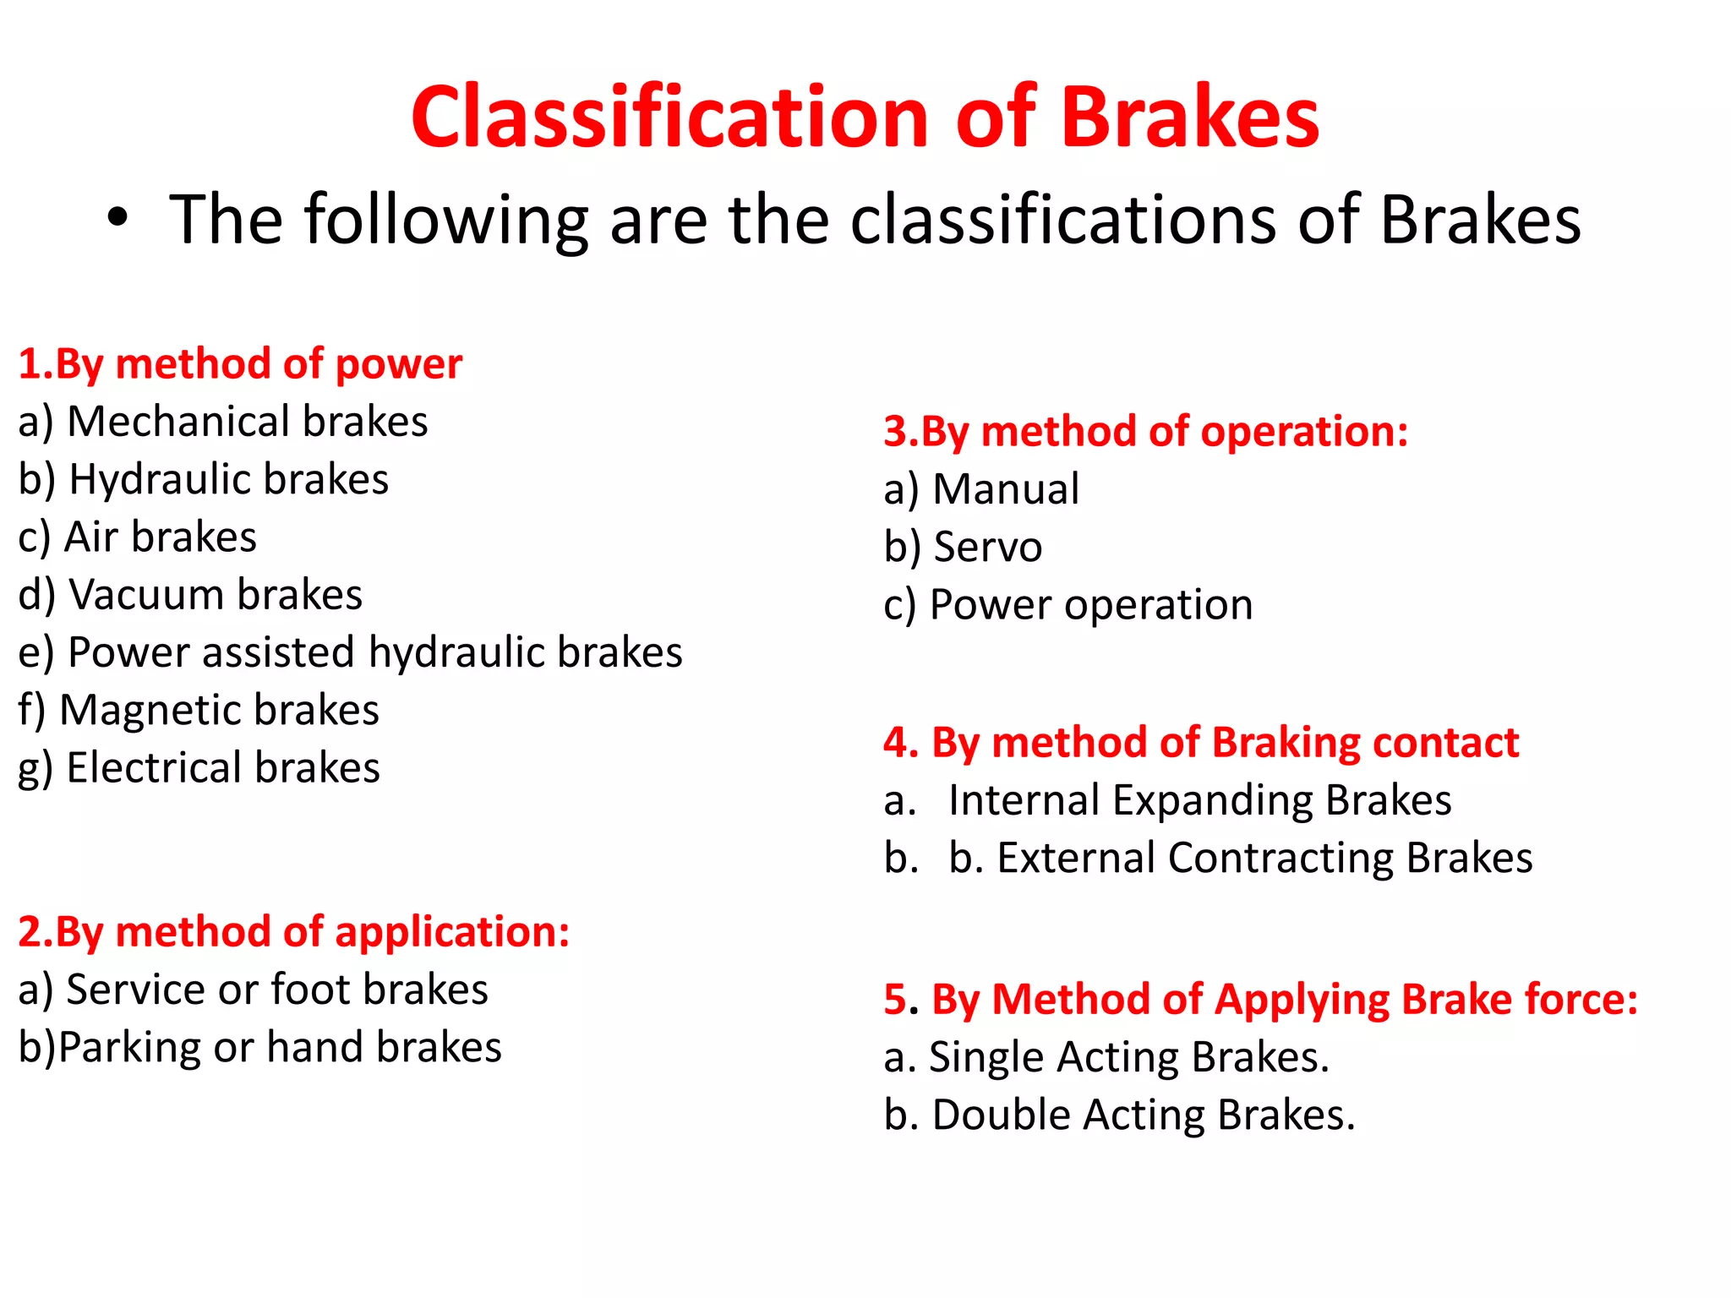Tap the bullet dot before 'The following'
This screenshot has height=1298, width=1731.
pos(117,219)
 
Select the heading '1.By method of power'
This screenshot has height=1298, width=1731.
pos(240,364)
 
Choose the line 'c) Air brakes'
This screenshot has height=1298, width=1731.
pos(137,537)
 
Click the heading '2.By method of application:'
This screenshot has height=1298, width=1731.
pos(293,932)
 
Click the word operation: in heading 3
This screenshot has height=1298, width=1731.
pos(1304,432)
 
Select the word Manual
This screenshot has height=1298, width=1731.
pos(1006,489)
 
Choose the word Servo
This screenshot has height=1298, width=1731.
pos(987,547)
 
